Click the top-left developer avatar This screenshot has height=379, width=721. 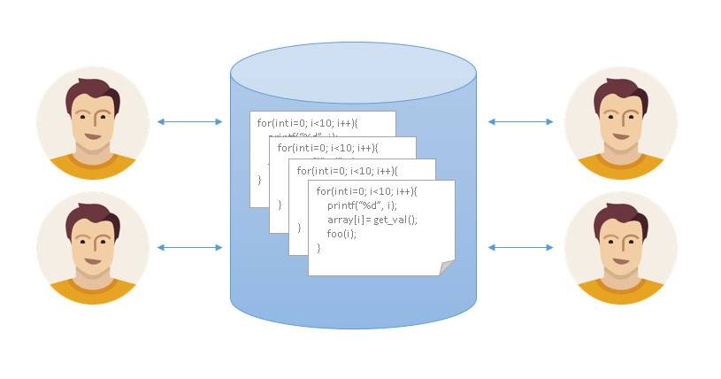click(x=93, y=122)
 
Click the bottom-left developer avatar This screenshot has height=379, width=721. click(x=93, y=247)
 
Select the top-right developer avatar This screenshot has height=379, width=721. click(x=621, y=122)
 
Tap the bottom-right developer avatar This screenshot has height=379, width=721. click(x=621, y=247)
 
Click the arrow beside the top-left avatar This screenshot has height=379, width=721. click(x=189, y=121)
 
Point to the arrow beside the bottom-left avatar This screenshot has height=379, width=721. click(x=189, y=248)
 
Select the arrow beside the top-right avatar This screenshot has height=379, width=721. click(x=521, y=121)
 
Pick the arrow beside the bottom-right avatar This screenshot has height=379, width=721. click(x=521, y=248)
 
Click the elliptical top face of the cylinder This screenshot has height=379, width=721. click(x=354, y=71)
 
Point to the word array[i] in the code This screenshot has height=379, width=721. click(x=345, y=219)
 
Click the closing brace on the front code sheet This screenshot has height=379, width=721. click(x=319, y=247)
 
